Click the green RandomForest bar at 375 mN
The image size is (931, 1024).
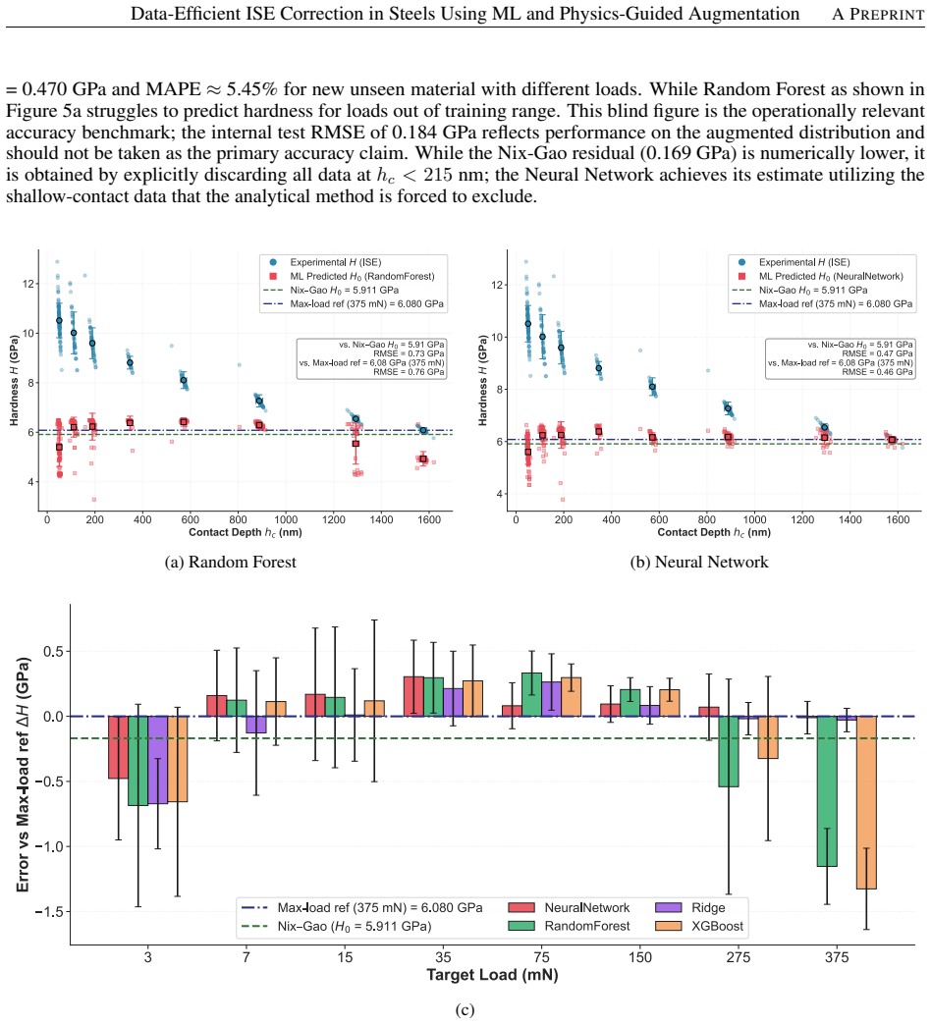pyautogui.click(x=827, y=791)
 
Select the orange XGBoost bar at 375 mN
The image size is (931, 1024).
pyautogui.click(x=866, y=803)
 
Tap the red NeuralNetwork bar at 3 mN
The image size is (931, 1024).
pyautogui.click(x=118, y=747)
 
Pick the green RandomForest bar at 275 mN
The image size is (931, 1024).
pyautogui.click(x=729, y=751)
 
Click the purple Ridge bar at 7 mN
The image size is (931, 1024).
pyautogui.click(x=256, y=725)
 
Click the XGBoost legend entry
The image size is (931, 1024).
pyautogui.click(x=699, y=926)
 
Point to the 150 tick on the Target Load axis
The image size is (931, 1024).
pyautogui.click(x=640, y=957)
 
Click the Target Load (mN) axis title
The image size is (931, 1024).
pyautogui.click(x=493, y=975)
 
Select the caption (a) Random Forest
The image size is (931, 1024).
pyautogui.click(x=230, y=563)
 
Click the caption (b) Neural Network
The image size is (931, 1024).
pyautogui.click(x=699, y=563)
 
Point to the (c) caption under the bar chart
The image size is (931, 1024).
pyautogui.click(x=465, y=1010)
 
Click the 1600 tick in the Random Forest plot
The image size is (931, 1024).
pyautogui.click(x=429, y=519)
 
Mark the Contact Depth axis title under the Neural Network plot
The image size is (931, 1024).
pyautogui.click(x=714, y=532)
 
